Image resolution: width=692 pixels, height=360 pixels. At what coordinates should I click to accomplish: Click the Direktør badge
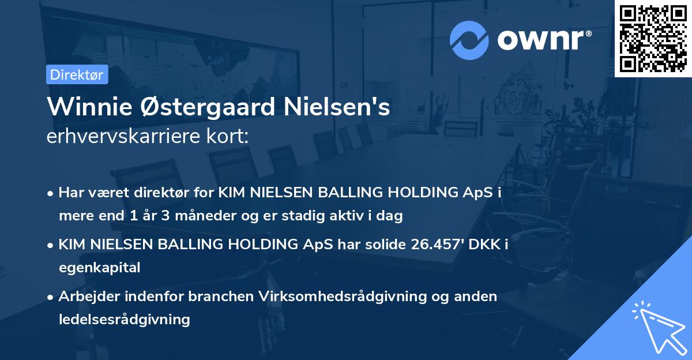tap(77, 74)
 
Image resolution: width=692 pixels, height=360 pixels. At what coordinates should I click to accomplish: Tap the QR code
tap(653, 38)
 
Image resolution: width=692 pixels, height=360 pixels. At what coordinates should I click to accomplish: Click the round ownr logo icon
tap(469, 40)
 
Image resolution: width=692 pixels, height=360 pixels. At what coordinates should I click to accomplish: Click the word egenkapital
tap(99, 268)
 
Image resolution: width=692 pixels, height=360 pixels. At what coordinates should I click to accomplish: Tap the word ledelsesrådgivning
tap(124, 319)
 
